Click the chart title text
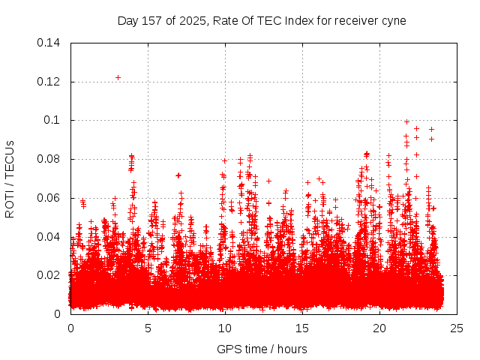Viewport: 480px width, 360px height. (262, 20)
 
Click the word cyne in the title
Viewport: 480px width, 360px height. (393, 21)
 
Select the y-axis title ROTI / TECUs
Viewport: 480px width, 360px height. (10, 178)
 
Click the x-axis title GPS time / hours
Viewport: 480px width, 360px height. (262, 349)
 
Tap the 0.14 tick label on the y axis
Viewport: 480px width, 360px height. (50, 43)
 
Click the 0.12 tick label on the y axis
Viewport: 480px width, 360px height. (50, 82)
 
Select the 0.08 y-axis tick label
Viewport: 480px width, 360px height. (50, 159)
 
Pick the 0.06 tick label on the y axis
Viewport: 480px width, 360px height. (50, 198)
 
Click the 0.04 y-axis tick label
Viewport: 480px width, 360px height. (50, 237)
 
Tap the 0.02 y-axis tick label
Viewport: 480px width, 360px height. (50, 275)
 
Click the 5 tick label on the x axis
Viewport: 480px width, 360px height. (148, 328)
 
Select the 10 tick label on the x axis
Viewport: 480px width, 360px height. (225, 328)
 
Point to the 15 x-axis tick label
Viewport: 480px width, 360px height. (302, 328)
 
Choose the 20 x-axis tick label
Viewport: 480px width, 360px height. (379, 328)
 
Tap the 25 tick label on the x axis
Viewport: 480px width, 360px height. (457, 328)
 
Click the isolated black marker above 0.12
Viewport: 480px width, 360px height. (118, 77)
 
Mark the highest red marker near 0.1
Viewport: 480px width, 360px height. (406, 121)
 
